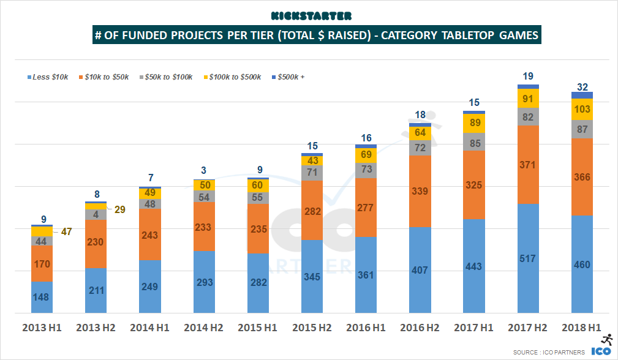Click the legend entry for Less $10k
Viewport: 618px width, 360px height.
[50, 77]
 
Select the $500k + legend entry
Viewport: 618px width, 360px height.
[290, 77]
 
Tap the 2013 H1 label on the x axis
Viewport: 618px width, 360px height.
[42, 328]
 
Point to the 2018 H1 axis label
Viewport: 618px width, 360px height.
[582, 328]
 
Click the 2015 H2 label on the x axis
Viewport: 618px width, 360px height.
[312, 328]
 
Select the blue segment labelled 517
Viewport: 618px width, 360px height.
[528, 259]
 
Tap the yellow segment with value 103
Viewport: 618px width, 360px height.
[582, 109]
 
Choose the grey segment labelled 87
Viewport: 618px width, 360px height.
[582, 129]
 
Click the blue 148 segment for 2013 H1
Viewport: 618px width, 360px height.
[42, 298]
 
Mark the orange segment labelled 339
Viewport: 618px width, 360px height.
[420, 191]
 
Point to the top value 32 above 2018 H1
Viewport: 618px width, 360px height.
[582, 86]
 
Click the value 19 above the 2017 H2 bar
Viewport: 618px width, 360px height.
[528, 77]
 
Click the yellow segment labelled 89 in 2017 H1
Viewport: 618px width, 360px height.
[474, 124]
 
